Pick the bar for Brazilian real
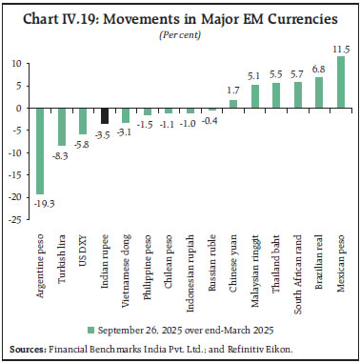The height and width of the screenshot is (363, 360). pos(318,92)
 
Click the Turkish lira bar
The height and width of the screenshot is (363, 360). pos(61,126)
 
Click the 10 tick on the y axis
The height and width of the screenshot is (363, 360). pos(17,64)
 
